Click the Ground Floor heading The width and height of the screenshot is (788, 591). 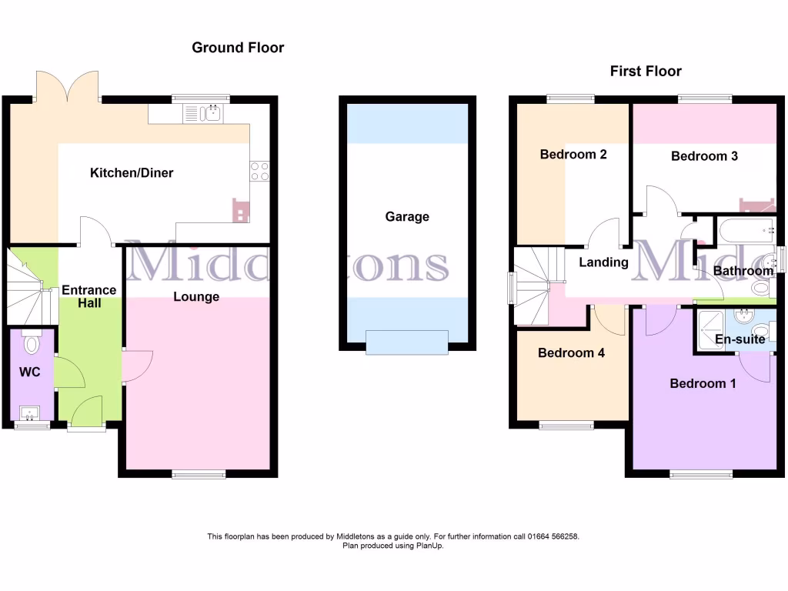coord(238,48)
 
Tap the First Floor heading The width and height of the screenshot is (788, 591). coord(646,72)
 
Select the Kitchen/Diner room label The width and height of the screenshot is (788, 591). coord(132,173)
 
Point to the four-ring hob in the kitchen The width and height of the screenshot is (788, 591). coord(259,171)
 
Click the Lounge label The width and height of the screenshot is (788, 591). coord(196,297)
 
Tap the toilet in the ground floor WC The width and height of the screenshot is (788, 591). coord(32,342)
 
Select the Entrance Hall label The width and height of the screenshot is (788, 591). coord(88,296)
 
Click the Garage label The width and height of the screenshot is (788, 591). coord(407,217)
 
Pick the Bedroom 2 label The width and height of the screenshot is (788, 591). coord(573,155)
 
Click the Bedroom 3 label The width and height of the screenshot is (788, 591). coord(704,156)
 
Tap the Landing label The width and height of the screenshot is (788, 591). coord(603,262)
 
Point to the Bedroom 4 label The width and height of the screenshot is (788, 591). coord(571,354)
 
